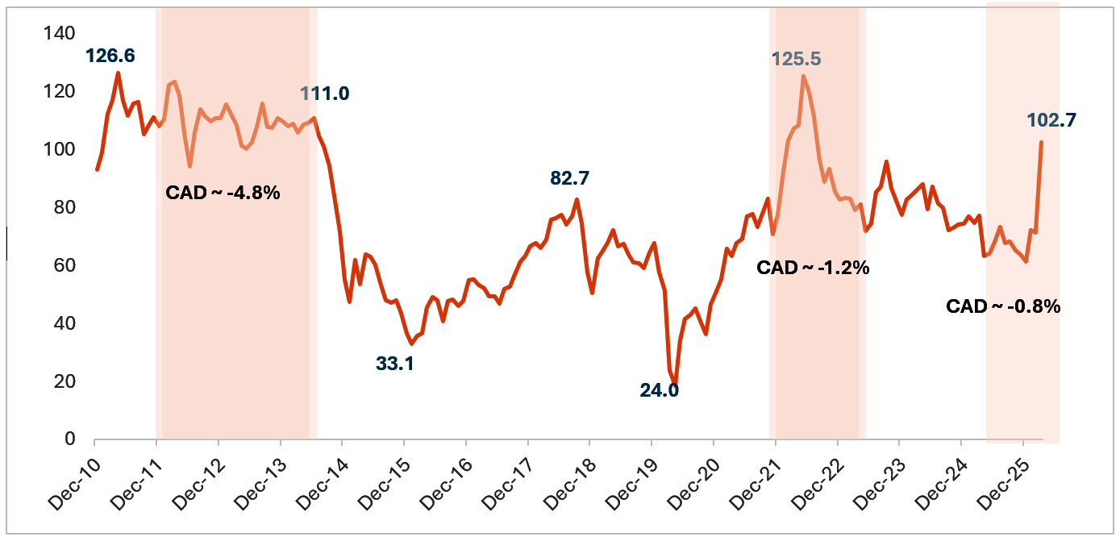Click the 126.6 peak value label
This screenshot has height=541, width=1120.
[111, 56]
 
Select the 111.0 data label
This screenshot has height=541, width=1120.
[325, 94]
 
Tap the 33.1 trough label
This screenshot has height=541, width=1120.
[394, 364]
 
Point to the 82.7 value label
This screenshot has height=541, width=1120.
[570, 178]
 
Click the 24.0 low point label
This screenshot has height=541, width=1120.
[659, 391]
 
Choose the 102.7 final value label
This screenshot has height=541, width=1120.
[1051, 120]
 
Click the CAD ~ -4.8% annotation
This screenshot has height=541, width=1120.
[223, 194]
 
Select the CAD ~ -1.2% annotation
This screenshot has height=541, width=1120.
[813, 268]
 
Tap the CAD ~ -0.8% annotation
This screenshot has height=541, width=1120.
[1003, 306]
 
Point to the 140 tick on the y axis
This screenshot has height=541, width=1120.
[61, 33]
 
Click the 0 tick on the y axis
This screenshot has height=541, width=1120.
[70, 439]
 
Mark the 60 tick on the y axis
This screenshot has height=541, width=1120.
[65, 265]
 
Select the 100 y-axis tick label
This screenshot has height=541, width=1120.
[61, 149]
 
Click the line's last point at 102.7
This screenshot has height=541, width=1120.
[1041, 143]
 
